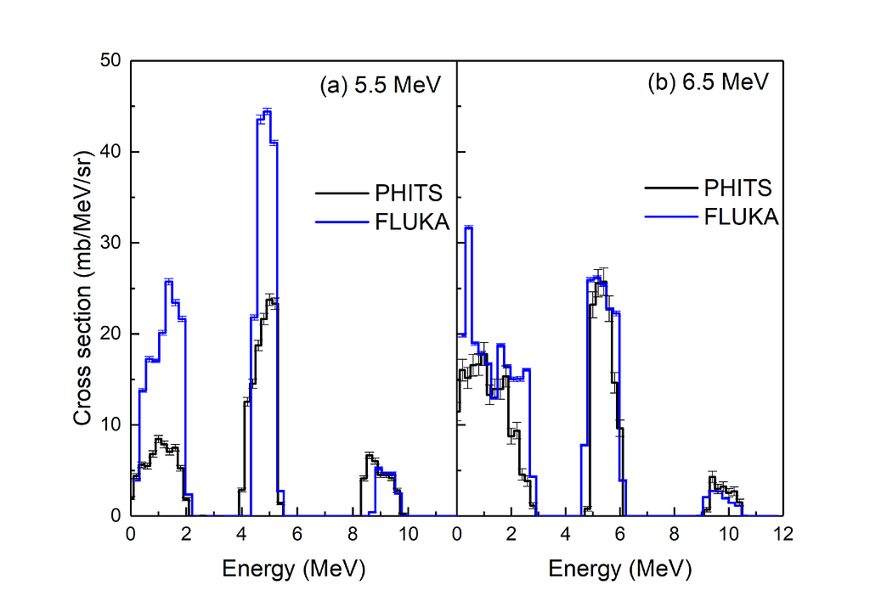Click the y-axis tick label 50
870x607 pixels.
coord(110,60)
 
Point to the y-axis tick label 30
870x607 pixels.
coord(110,243)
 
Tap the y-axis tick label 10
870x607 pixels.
coord(110,424)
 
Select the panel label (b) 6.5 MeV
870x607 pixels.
coord(708,82)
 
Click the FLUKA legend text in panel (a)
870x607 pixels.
coord(411,224)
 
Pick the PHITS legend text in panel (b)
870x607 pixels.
coord(737,188)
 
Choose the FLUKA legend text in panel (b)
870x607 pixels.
coord(741,216)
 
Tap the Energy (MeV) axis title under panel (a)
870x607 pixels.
coord(293,569)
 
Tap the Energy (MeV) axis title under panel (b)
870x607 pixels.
coord(620,569)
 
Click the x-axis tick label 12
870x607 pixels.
coord(782,534)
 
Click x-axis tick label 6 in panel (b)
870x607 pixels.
coord(619,534)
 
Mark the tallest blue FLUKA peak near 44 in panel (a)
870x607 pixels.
coord(266,111)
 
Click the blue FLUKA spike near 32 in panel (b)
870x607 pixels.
coord(468,228)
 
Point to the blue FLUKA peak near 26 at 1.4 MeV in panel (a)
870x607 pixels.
coord(168,281)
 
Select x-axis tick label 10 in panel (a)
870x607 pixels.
coord(409,534)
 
